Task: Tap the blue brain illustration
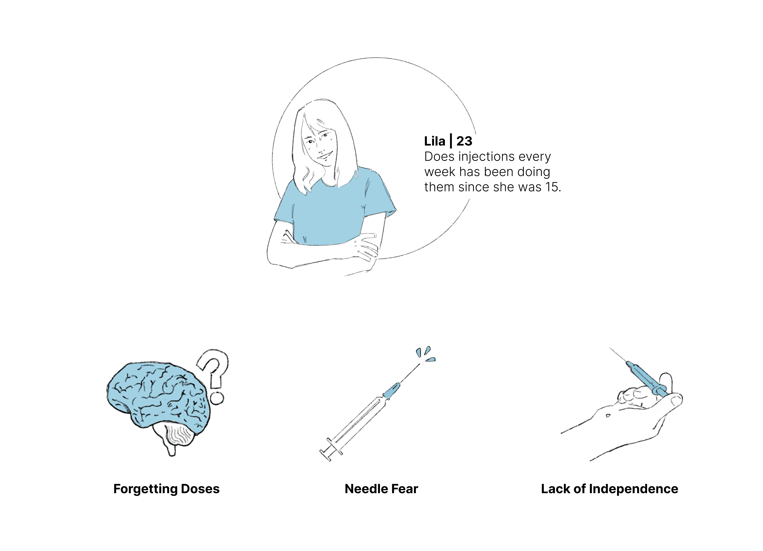(x=158, y=397)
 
